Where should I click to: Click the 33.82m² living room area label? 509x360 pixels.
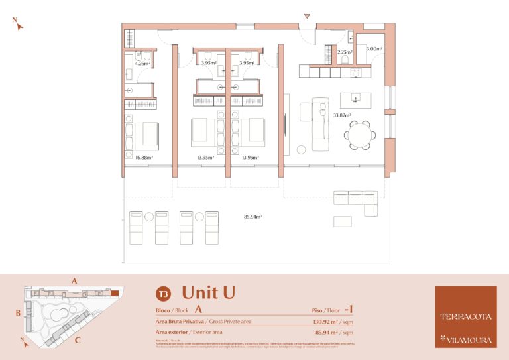tap(341, 115)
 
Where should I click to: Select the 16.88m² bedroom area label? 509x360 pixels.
tap(144, 158)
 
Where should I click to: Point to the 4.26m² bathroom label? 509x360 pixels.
tap(143, 64)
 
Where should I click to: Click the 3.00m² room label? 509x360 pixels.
tap(374, 49)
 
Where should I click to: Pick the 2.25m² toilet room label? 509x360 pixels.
tap(345, 52)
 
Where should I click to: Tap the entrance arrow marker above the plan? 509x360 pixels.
tap(306, 16)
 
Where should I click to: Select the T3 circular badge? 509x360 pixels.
tap(162, 294)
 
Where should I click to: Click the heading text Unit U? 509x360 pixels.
tap(208, 292)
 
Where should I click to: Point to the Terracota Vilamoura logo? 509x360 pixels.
tap(465, 316)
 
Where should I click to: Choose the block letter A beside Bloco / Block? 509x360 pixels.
tap(198, 309)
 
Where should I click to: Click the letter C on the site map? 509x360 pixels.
tap(78, 341)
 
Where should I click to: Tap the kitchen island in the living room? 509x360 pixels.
tap(355, 100)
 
